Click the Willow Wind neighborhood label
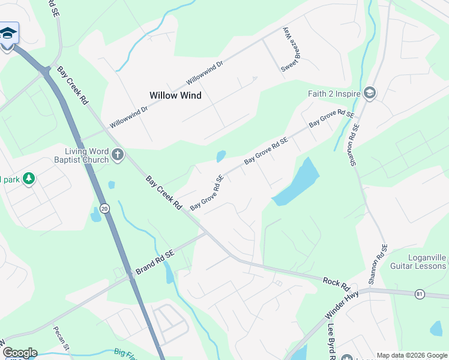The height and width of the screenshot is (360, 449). point(175,95)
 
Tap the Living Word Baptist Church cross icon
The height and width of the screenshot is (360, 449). point(117,155)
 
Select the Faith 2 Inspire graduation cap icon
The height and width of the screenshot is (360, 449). point(370,93)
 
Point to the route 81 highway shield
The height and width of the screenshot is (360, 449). point(420,293)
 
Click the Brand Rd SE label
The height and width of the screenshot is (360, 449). point(154,263)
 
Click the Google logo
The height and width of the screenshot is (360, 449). point(19,353)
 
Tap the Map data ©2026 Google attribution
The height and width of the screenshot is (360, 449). point(411,355)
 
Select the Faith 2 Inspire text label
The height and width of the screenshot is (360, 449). point(334,94)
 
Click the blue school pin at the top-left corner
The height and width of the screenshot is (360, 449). point(8,33)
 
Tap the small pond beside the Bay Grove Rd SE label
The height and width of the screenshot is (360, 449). point(220,157)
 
